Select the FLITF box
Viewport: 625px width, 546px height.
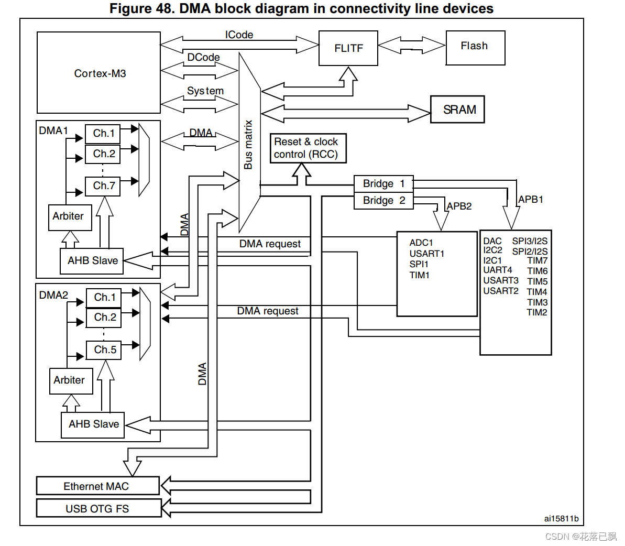[x=348, y=48]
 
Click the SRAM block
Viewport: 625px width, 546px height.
[x=457, y=110]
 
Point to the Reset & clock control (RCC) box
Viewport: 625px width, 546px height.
[x=308, y=148]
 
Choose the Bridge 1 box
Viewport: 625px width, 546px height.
[x=383, y=183]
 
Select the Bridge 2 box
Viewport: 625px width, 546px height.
[x=383, y=200]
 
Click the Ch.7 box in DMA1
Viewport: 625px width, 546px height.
[x=103, y=186]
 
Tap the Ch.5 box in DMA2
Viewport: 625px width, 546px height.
[x=104, y=350]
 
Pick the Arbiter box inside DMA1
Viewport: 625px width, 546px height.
[x=70, y=217]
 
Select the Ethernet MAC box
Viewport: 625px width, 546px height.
[x=97, y=486]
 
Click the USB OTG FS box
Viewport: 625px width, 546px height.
[x=98, y=508]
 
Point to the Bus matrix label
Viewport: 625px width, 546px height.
[x=248, y=145]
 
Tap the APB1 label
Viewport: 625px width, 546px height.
[x=530, y=200]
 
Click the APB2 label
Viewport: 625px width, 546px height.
[x=459, y=206]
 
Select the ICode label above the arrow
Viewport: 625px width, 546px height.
[x=239, y=35]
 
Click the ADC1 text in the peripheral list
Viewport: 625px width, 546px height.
[x=421, y=243]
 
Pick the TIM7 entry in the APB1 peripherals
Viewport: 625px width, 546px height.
[x=537, y=261]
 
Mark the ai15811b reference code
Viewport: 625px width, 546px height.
[x=561, y=519]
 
